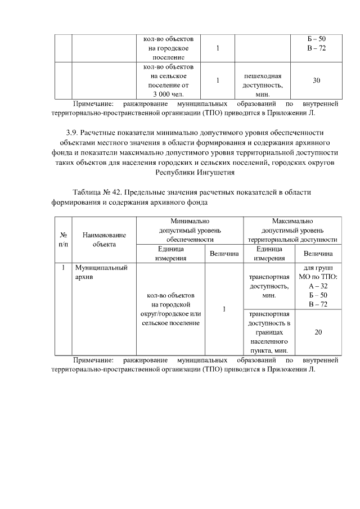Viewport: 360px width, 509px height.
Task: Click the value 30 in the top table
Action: (317, 80)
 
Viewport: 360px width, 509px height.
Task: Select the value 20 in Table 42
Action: (318, 332)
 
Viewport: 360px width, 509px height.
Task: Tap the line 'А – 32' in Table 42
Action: (318, 286)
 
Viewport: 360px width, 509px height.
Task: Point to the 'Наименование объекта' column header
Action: (104, 240)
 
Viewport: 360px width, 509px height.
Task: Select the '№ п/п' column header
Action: (64, 240)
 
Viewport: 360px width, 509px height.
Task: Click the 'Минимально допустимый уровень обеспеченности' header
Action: (189, 231)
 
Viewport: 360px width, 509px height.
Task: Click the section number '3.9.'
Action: (71, 133)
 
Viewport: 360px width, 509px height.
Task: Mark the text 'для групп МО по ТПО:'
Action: (318, 273)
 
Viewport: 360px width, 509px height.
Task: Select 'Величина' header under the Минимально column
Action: (223, 254)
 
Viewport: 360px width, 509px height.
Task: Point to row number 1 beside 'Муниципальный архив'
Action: (64, 268)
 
